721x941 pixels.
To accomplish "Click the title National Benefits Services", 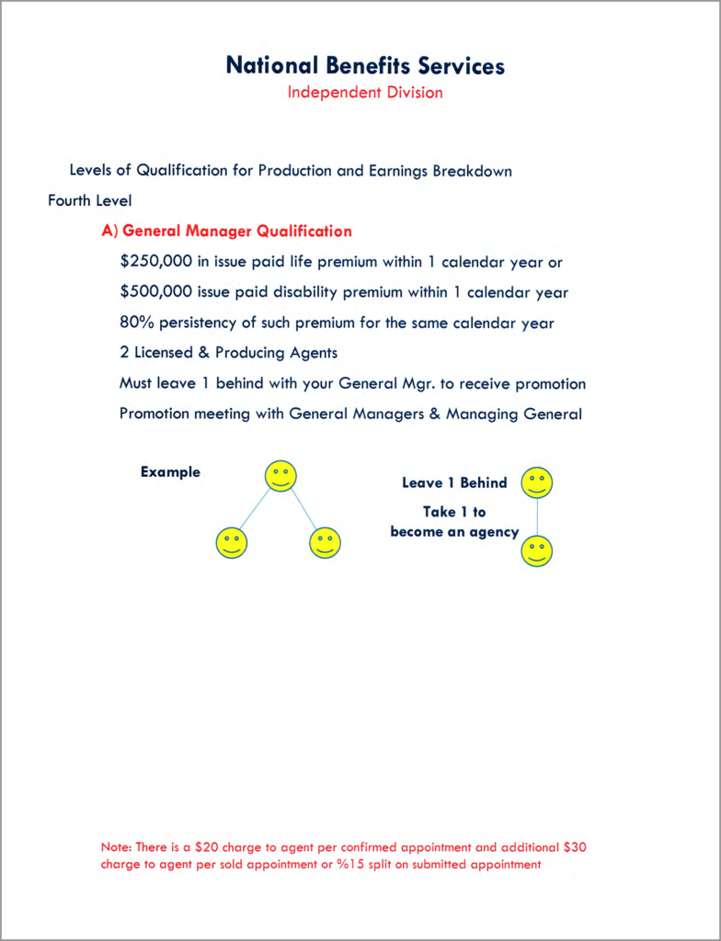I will [365, 66].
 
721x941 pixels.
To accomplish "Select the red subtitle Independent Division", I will [365, 93].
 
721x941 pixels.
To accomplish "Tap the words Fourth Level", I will [90, 200].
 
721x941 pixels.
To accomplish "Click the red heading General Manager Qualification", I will [236, 231].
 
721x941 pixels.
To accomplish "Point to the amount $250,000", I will [156, 262].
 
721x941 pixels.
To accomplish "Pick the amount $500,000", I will [156, 293].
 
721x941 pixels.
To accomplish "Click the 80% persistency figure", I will [137, 323].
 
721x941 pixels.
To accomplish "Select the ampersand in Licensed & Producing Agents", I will [203, 353].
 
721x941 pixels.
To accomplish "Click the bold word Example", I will [170, 472].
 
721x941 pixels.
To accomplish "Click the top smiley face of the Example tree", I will [280, 476].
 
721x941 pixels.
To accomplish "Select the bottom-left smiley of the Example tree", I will [232, 542].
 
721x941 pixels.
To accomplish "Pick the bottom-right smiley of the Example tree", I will [325, 542].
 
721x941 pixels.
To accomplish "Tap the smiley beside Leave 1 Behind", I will [537, 482].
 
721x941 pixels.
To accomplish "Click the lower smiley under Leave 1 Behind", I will [537, 551].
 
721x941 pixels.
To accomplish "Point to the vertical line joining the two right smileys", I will [537, 517].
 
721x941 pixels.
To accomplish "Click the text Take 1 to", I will [454, 512].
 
